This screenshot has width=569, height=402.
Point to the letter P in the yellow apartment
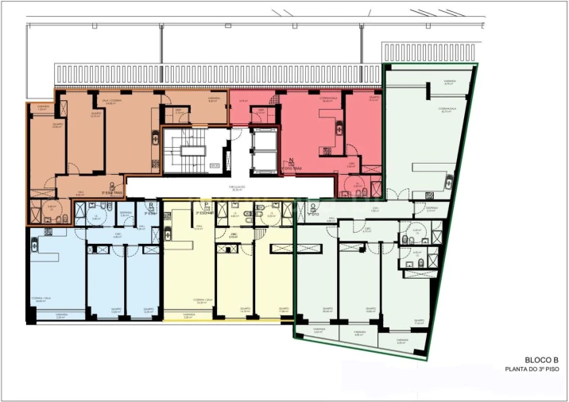pyautogui.click(x=206, y=205)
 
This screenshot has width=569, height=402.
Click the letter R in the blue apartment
pyautogui.click(x=150, y=205)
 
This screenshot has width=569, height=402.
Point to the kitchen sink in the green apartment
pyautogui.click(x=429, y=195)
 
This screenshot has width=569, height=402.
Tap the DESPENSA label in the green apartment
pyautogui.click(x=431, y=211)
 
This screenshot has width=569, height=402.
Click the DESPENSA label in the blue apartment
pyautogui.click(x=126, y=214)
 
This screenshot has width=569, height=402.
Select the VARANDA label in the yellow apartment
pyautogui.click(x=188, y=316)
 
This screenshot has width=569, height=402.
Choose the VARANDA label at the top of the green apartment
pyautogui.click(x=450, y=82)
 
